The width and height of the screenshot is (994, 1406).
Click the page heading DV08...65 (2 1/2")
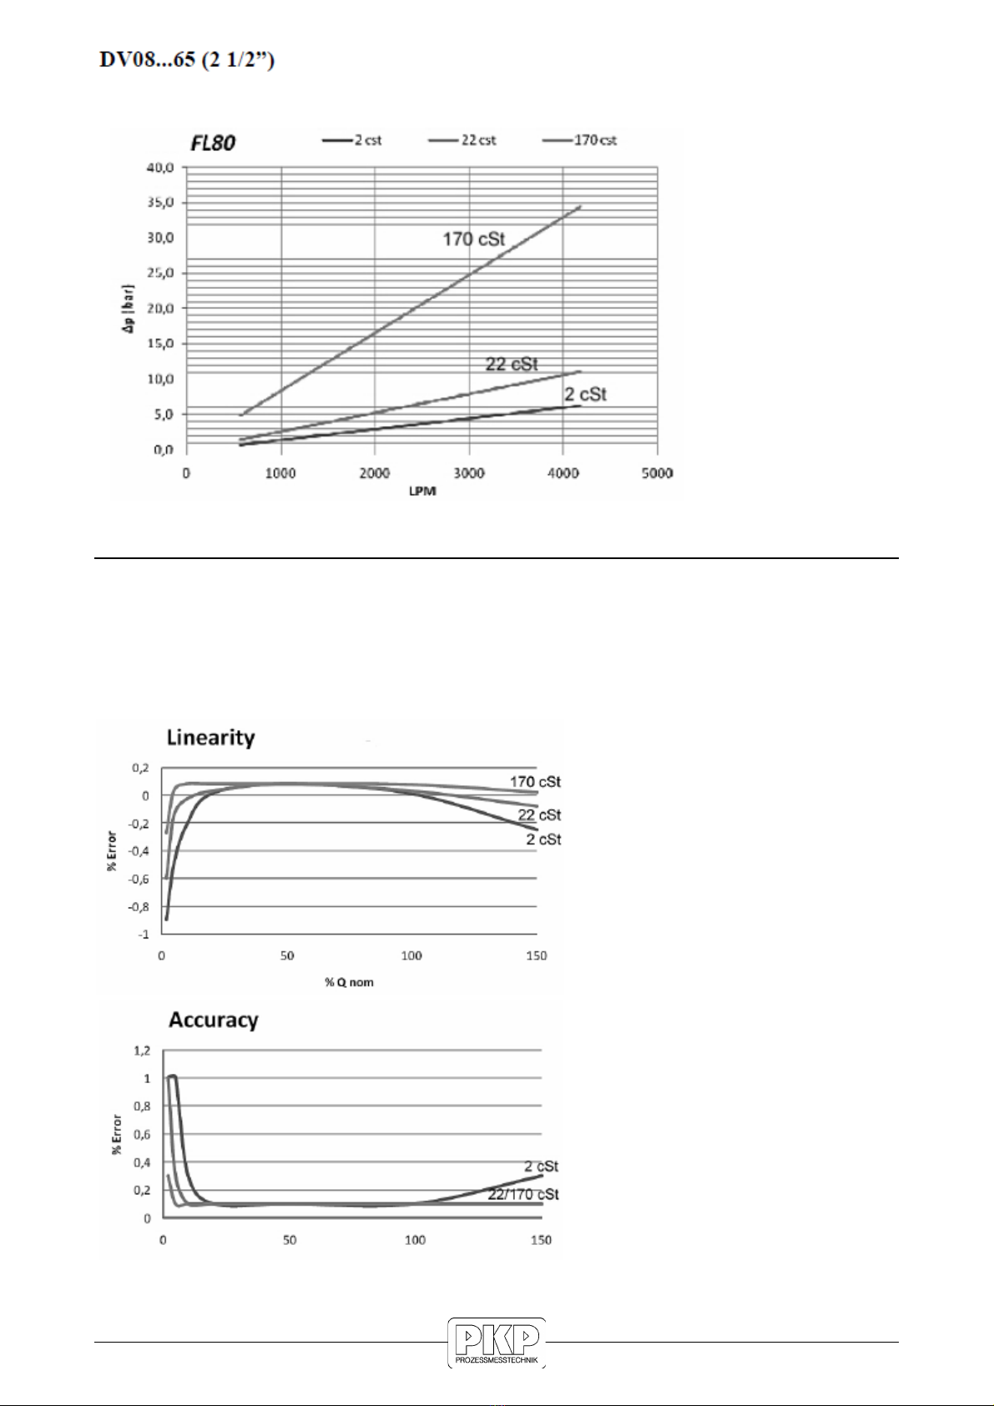pyautogui.click(x=187, y=61)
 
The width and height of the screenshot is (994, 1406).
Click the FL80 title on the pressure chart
pyautogui.click(x=213, y=144)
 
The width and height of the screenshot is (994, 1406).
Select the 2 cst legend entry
pyautogui.click(x=351, y=140)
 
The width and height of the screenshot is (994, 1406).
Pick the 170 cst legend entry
pyautogui.click(x=579, y=140)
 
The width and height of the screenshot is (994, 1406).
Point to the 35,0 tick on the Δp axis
pyautogui.click(x=161, y=203)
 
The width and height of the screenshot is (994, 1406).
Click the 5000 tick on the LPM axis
pyautogui.click(x=658, y=473)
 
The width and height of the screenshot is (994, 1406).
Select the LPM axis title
pyautogui.click(x=422, y=491)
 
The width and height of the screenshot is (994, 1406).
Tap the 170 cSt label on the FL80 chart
pyautogui.click(x=474, y=239)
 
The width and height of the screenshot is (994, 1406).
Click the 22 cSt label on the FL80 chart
pyautogui.click(x=512, y=364)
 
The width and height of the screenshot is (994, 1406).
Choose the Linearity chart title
pyautogui.click(x=211, y=738)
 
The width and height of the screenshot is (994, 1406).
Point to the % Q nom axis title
pyautogui.click(x=349, y=982)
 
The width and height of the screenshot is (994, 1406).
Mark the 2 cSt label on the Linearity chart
pyautogui.click(x=544, y=839)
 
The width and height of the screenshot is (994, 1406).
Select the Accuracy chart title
pyautogui.click(x=214, y=1020)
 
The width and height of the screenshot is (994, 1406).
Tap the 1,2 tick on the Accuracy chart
pyautogui.click(x=142, y=1051)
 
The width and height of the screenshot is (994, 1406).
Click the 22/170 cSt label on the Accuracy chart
pyautogui.click(x=523, y=1194)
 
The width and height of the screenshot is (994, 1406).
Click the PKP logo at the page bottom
pyautogui.click(x=497, y=1343)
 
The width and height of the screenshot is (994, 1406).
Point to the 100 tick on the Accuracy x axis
pyautogui.click(x=415, y=1240)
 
